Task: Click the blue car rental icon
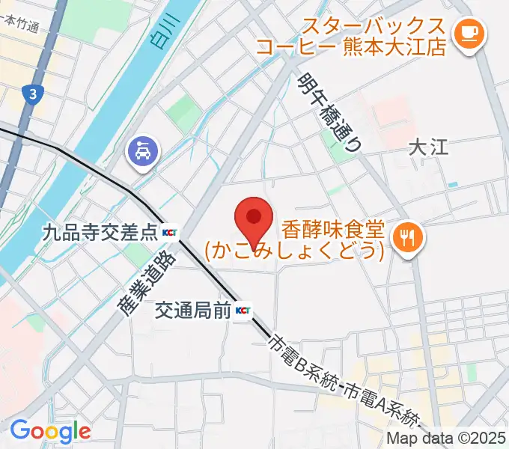click(141, 154)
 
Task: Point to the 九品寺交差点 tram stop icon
click(170, 233)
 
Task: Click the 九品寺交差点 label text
click(101, 233)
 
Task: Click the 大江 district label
click(428, 147)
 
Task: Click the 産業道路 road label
click(145, 282)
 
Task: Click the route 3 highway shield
click(33, 94)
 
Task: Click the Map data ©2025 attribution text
click(446, 439)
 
